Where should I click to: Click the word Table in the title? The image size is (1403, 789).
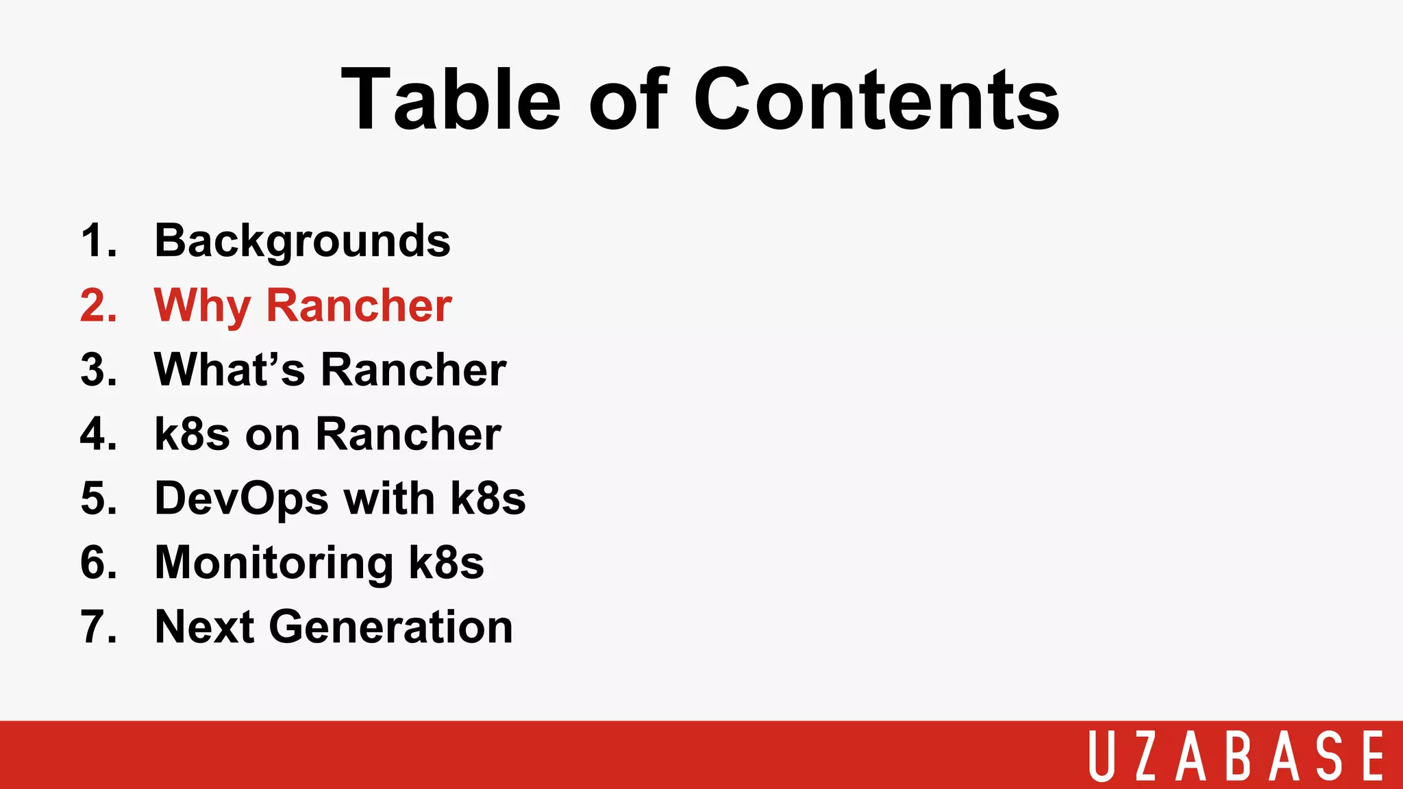451,99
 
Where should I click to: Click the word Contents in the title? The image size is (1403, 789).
876,99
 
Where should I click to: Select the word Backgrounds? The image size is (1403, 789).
302,242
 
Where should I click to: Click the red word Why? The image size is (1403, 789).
202,306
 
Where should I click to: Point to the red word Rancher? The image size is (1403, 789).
359,305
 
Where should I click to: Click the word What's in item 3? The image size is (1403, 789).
229,370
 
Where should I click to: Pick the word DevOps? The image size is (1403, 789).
241,499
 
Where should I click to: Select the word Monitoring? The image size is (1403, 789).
274,563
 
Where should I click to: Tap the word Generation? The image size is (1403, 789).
390,627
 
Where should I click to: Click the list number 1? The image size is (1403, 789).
98,242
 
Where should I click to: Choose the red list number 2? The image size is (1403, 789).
98,305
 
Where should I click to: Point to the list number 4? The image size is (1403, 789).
98,434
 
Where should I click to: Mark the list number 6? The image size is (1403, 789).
98,563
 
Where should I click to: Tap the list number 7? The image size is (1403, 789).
98,627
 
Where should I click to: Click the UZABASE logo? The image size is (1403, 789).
1236,755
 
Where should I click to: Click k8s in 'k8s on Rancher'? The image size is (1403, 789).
192,434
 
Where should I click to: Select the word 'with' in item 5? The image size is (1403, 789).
388,499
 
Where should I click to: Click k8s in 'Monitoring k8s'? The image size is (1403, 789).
446,563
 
